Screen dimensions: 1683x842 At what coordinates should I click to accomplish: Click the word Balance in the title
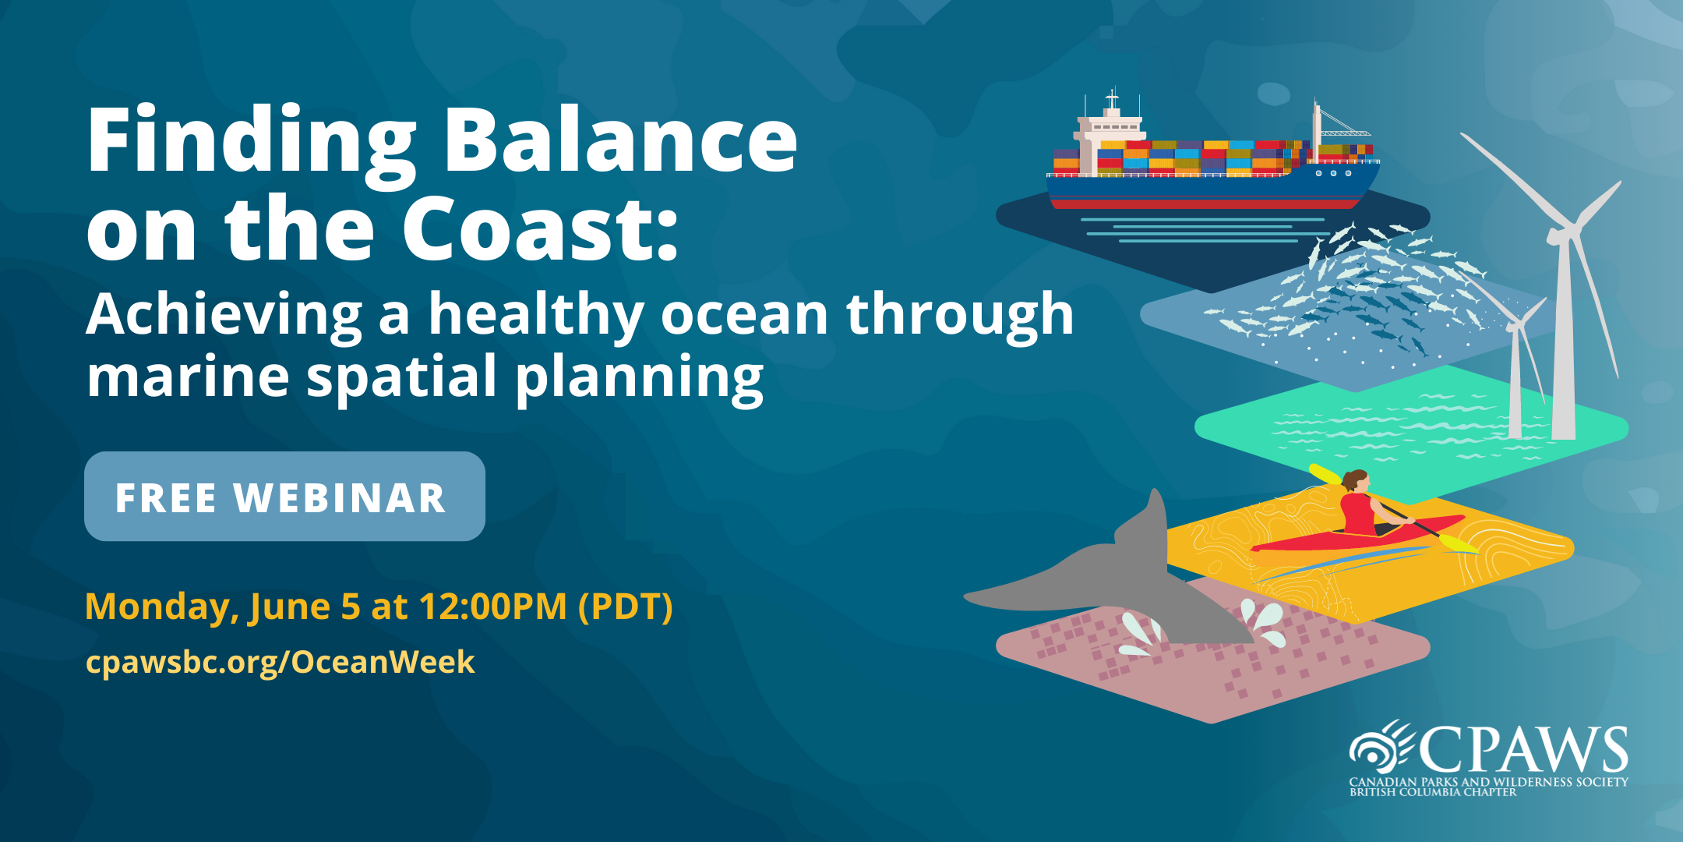pos(620,140)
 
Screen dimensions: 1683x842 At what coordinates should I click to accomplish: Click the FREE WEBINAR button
pos(284,497)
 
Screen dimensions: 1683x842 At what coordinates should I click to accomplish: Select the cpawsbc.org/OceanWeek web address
pos(280,663)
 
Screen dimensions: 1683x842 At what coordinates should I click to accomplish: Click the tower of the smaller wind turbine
pos(1515,382)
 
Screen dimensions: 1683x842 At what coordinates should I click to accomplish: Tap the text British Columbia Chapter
pos(1433,792)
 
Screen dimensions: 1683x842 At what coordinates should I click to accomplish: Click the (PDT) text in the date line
pos(626,607)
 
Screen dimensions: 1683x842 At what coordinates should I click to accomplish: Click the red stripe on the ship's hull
pos(1204,204)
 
